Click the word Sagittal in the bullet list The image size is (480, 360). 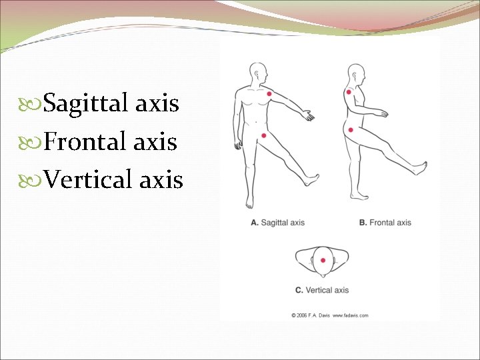87,104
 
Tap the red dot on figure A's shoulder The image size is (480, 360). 269,94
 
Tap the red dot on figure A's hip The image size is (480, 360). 265,135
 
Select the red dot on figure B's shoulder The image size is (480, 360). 348,91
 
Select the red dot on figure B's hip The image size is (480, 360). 351,129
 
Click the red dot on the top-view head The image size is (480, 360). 323,261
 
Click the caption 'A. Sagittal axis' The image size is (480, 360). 277,223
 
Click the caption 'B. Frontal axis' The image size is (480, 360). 385,223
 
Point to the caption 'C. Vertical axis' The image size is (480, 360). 322,290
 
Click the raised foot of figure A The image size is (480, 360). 311,179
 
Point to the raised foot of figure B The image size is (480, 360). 419,167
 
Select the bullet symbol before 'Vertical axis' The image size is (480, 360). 35,179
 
